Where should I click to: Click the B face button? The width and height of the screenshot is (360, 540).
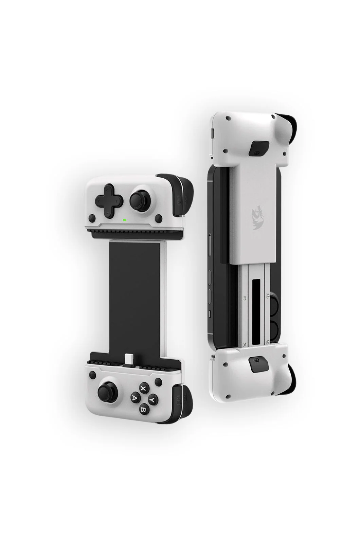click(x=144, y=410)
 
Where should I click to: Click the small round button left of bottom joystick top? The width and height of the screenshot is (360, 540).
click(x=92, y=375)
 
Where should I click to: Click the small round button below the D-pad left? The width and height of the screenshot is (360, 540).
click(x=91, y=218)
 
